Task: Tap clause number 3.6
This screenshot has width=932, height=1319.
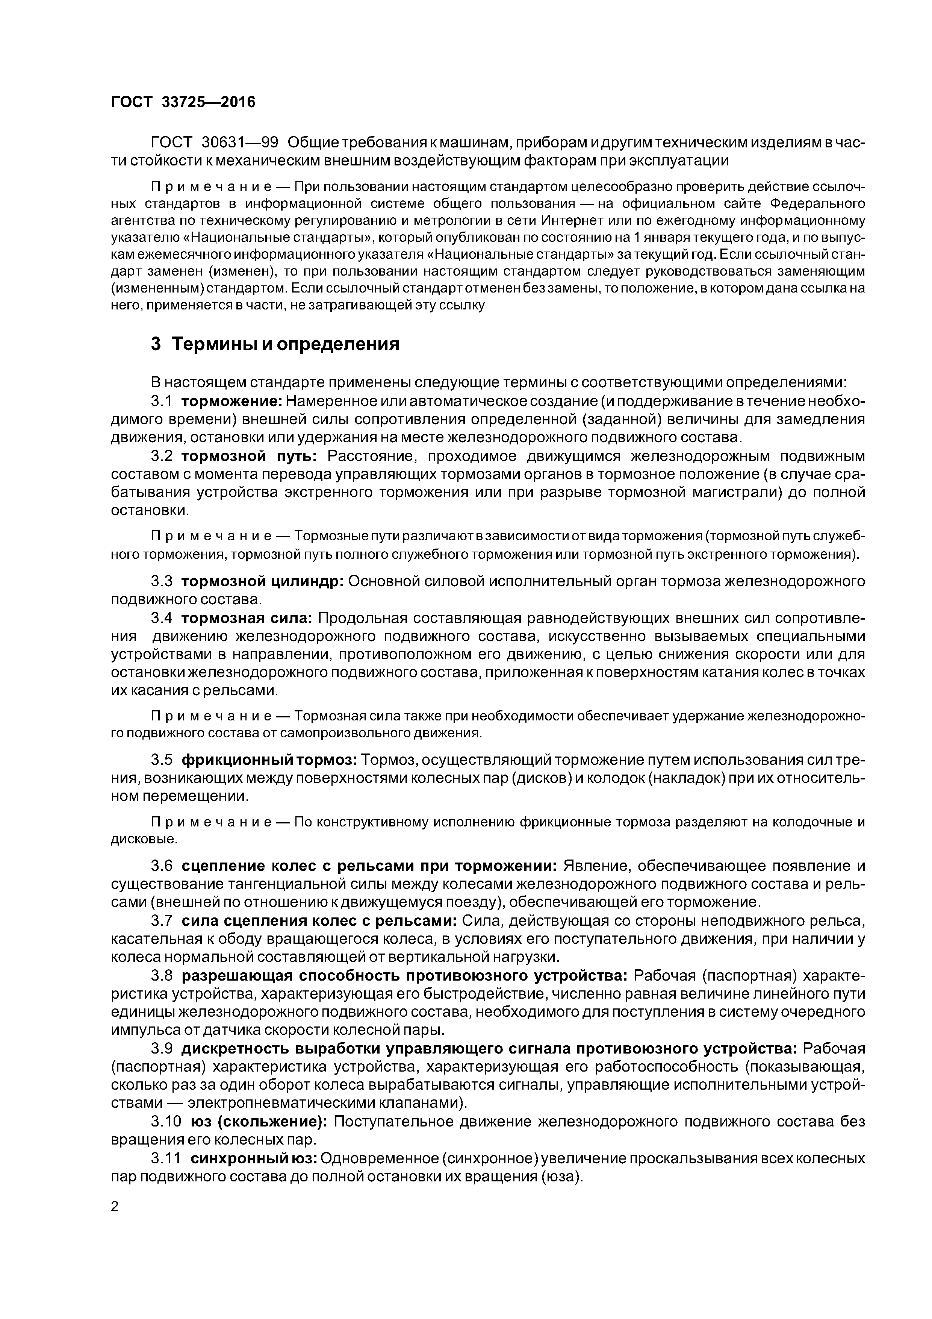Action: coord(161,866)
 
